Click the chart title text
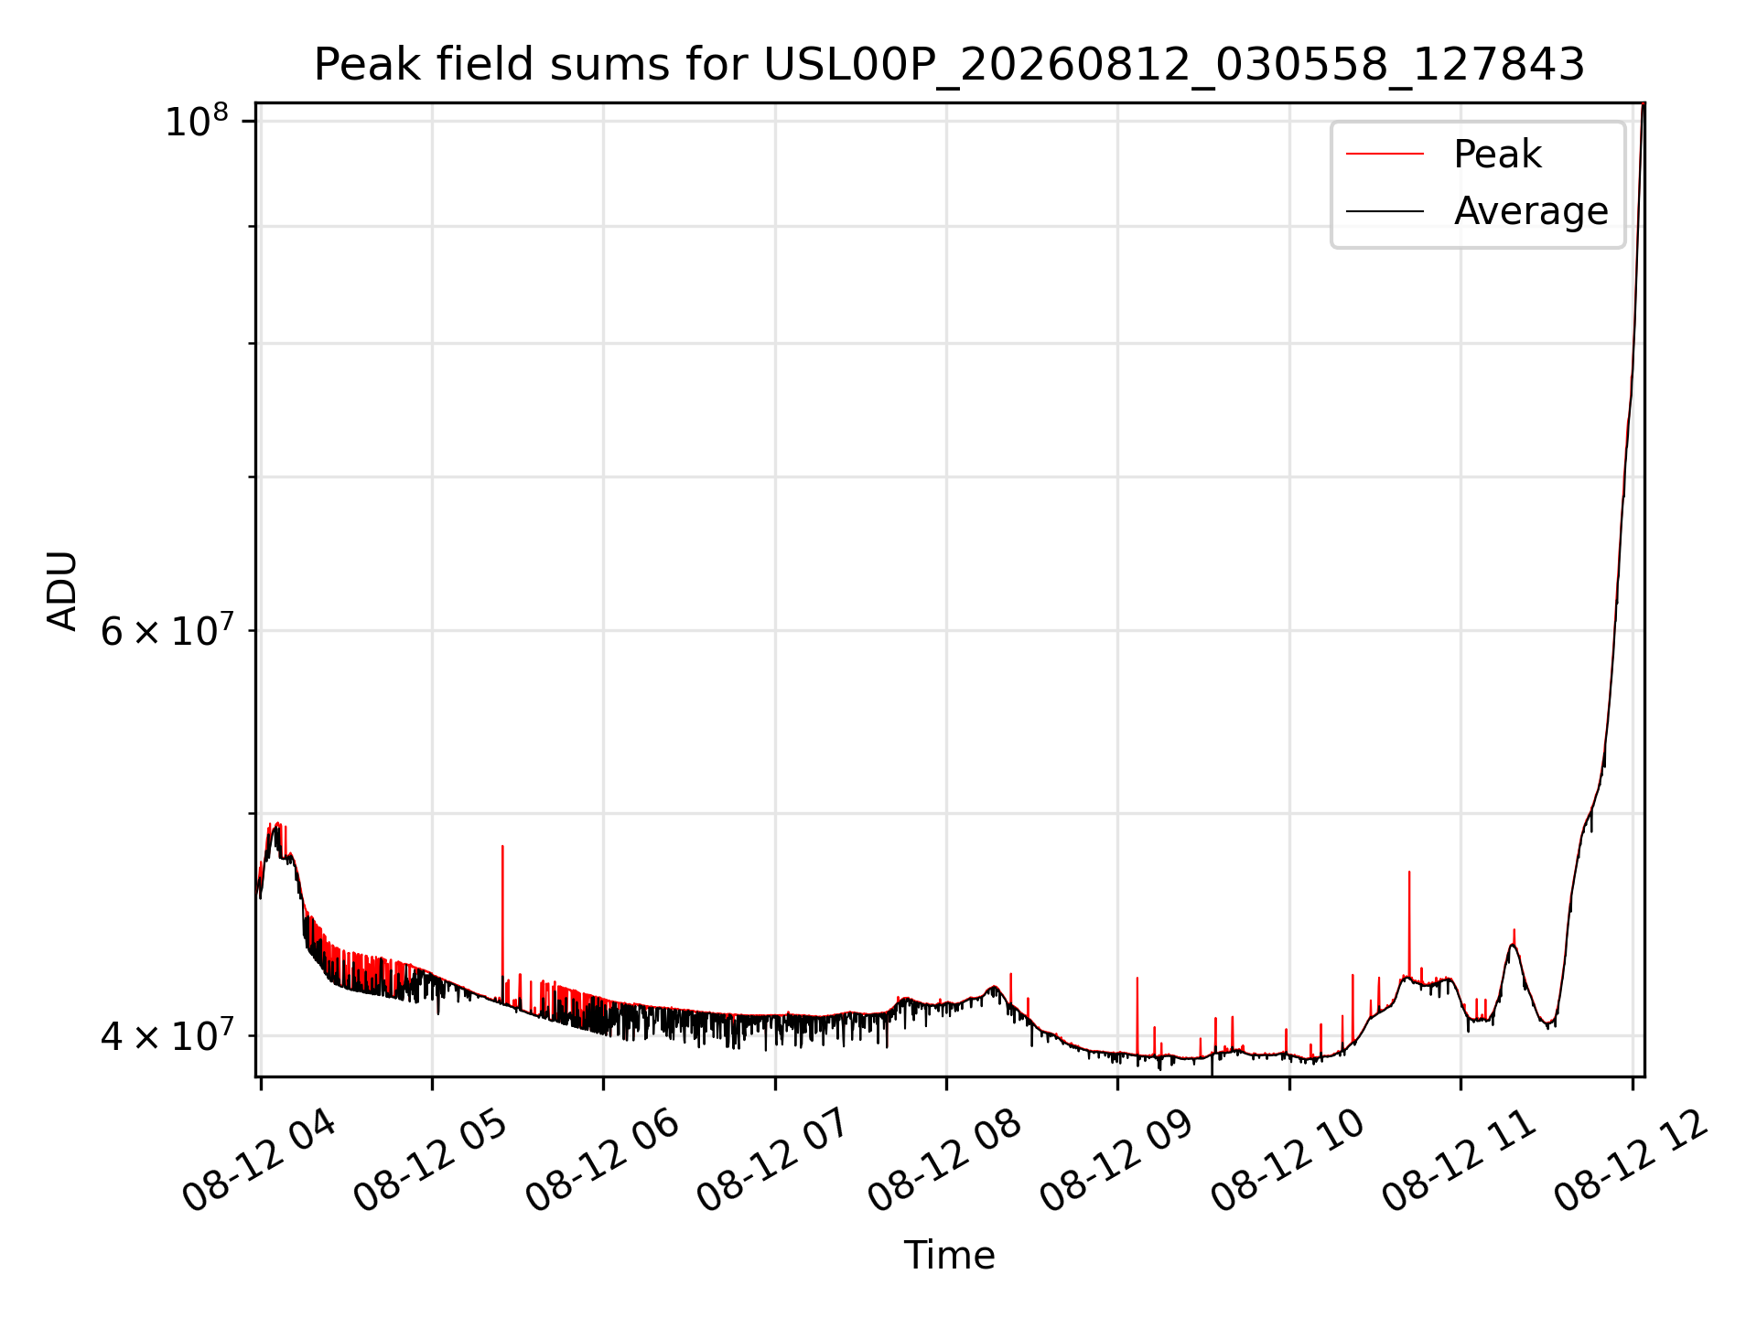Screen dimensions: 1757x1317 pyautogui.click(x=949, y=65)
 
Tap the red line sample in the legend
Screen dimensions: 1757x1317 pyautogui.click(x=1385, y=154)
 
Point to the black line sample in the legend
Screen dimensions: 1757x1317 pyautogui.click(x=1385, y=211)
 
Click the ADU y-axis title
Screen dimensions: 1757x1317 pyautogui.click(x=62, y=590)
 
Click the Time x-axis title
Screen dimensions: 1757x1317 pyautogui.click(x=949, y=1255)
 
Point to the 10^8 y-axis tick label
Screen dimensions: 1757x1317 pyautogui.click(x=196, y=121)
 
